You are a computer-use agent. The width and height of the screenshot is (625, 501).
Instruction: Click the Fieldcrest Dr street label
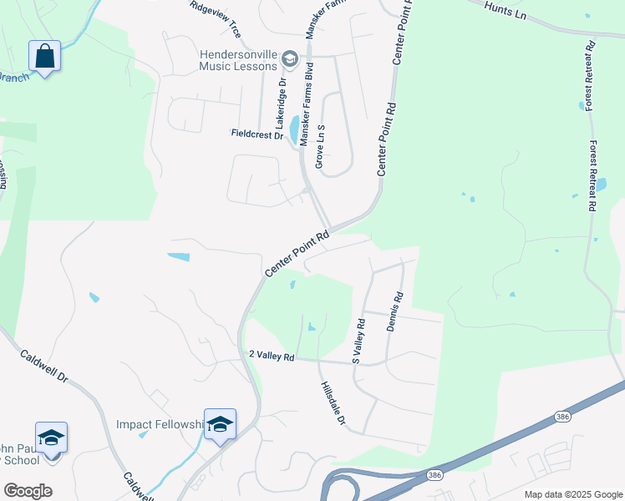(257, 134)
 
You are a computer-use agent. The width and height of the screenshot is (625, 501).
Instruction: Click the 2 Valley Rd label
(272, 356)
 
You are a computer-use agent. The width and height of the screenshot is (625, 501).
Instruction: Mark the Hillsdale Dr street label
(332, 403)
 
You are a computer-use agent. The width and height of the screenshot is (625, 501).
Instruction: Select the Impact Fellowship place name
(160, 424)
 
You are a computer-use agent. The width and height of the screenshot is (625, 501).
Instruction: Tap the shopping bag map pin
(44, 57)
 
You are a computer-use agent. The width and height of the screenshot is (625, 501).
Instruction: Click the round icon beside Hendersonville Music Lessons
(290, 58)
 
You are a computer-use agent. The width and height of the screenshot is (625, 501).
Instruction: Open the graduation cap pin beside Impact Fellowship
(220, 425)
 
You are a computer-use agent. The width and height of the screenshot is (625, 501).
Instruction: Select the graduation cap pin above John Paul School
(51, 438)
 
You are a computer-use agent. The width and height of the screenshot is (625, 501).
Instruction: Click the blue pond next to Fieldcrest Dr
(294, 129)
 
